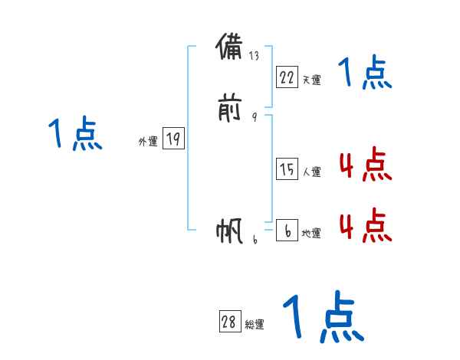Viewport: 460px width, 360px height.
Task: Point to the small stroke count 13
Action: coord(254,56)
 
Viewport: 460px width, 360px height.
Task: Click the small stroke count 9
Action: coord(254,117)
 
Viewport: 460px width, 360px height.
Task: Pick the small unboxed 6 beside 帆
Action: coord(254,240)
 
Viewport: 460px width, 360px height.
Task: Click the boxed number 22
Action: coord(287,77)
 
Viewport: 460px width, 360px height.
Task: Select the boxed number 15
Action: coord(287,170)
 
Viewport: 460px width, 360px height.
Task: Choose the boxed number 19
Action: coord(173,139)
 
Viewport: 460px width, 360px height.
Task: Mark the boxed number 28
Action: coord(229,322)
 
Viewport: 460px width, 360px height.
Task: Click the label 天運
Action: coord(311,80)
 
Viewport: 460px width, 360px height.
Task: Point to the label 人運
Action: coord(311,172)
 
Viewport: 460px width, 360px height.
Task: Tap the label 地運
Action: coord(311,234)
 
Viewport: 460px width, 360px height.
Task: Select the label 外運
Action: coord(148,142)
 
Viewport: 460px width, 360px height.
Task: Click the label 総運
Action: coord(255,325)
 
